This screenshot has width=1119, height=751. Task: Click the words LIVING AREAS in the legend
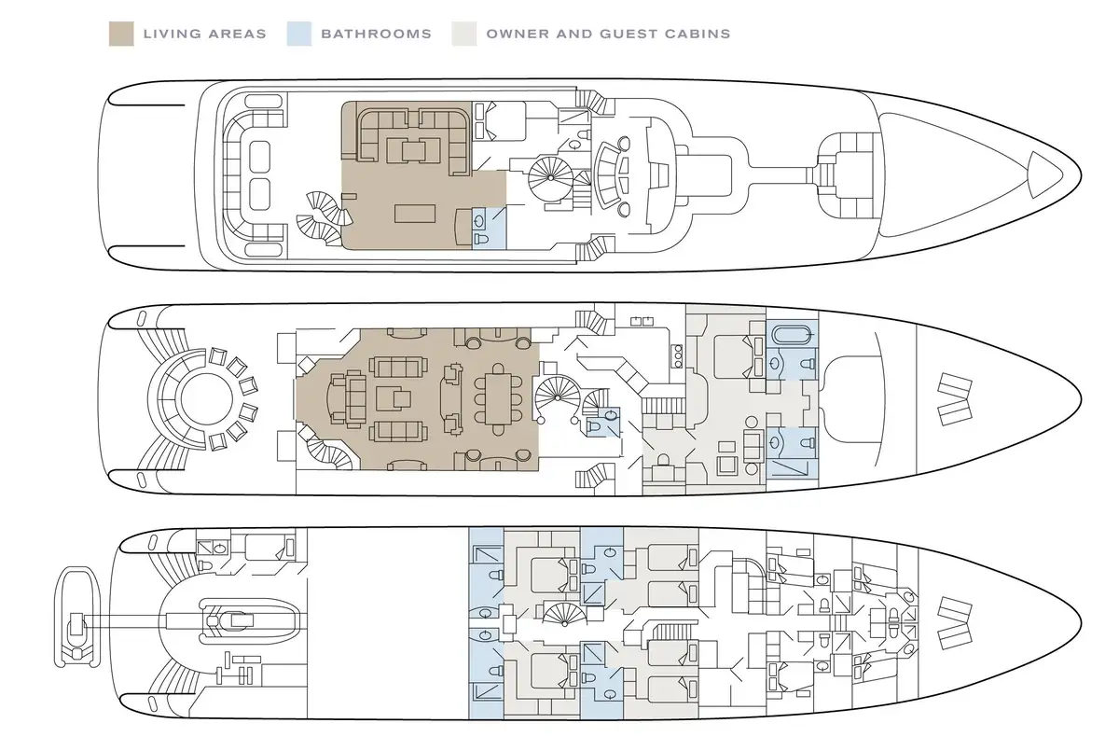(x=204, y=35)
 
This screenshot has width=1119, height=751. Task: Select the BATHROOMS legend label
(x=376, y=35)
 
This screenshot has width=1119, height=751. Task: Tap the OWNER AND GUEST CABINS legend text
(x=608, y=35)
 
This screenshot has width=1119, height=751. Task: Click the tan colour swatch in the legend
(x=119, y=34)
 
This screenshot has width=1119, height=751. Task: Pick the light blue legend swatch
(x=297, y=34)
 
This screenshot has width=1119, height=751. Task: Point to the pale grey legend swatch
(x=463, y=34)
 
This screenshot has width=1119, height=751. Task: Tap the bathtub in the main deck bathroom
(x=793, y=332)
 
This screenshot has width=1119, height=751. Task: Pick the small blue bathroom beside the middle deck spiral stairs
(x=599, y=424)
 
